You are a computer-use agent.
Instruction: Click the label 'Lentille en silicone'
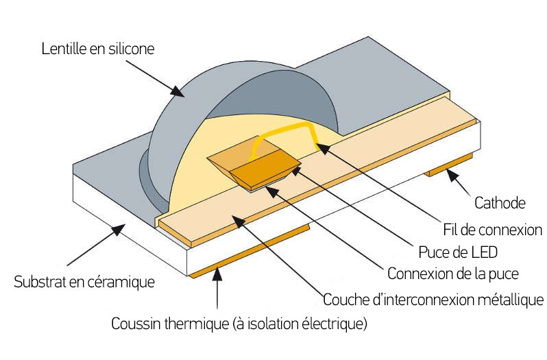click(x=98, y=49)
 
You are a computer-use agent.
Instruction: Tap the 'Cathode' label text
click(x=500, y=203)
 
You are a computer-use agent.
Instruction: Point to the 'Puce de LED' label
click(x=458, y=251)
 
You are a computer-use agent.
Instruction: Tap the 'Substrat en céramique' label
click(x=84, y=281)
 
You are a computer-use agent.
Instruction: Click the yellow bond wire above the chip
click(x=288, y=132)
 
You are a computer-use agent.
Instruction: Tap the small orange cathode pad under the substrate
click(x=449, y=165)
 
